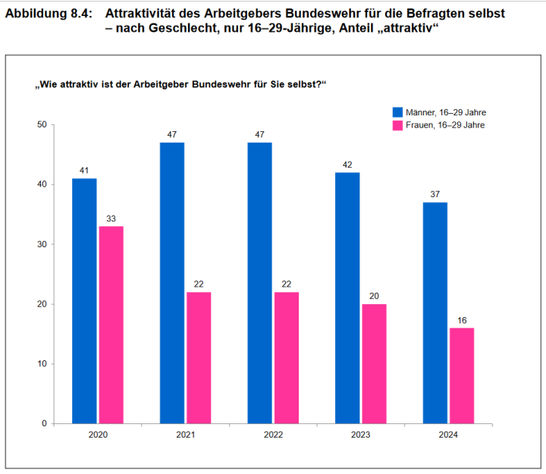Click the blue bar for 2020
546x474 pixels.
click(x=84, y=300)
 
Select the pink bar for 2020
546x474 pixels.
click(x=111, y=325)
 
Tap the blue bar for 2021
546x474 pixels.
click(x=172, y=282)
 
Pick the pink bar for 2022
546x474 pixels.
click(x=287, y=357)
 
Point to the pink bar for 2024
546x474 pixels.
click(x=462, y=375)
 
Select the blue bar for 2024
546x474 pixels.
click(x=435, y=312)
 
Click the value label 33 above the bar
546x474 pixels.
click(x=111, y=218)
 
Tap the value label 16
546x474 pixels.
click(x=462, y=320)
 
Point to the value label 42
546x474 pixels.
click(x=347, y=165)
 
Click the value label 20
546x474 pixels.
click(x=374, y=297)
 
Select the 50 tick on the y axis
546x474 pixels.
click(x=42, y=125)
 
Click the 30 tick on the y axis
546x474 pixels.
click(x=42, y=244)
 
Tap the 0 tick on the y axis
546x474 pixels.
click(x=45, y=423)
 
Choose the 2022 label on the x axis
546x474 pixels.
click(x=273, y=435)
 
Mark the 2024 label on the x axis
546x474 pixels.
click(x=448, y=435)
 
